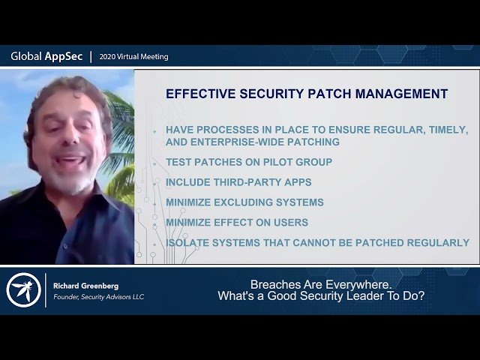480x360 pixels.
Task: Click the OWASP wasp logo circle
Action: (23, 289)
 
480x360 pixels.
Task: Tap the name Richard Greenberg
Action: (85, 286)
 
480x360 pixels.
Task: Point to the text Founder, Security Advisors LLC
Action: (98, 297)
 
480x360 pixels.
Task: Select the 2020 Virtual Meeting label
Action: (134, 57)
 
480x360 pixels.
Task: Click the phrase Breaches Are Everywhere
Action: (321, 284)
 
